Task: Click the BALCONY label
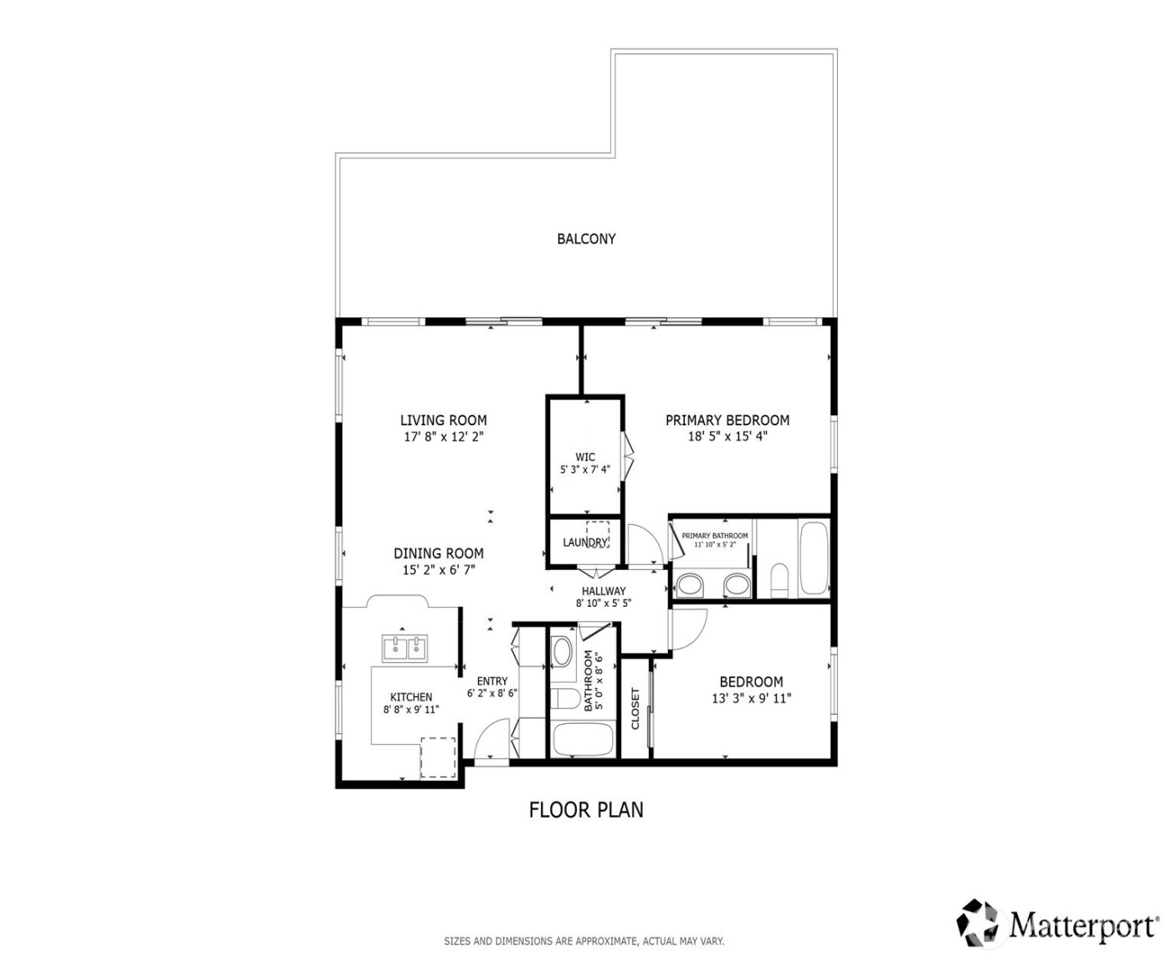586,239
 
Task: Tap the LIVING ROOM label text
443,420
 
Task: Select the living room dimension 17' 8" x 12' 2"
443,437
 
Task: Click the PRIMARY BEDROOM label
727,420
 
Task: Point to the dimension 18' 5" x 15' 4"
727,436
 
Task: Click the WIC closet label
584,456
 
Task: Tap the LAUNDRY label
584,542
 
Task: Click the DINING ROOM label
439,553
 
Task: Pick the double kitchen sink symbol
405,648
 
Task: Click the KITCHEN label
411,696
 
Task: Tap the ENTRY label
491,680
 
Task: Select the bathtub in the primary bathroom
813,558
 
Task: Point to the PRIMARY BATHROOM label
714,536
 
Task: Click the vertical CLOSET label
635,708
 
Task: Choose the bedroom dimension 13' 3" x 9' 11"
751,698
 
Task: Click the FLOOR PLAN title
586,809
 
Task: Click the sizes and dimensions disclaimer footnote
583,941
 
